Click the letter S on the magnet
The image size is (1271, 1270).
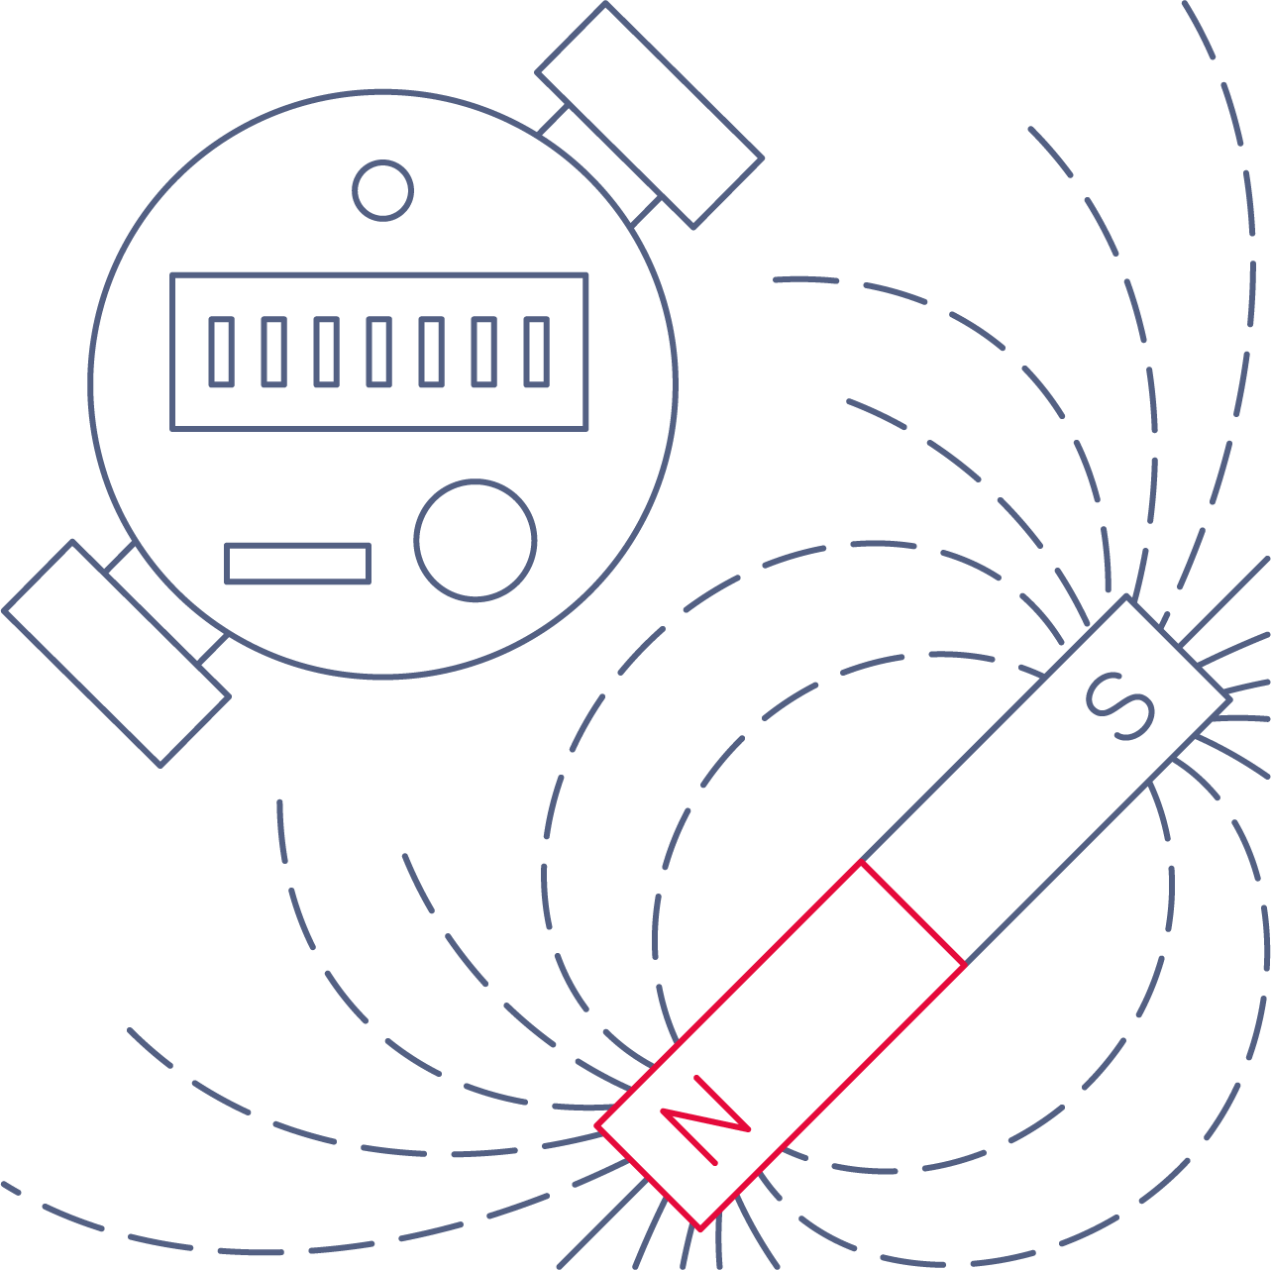(1119, 707)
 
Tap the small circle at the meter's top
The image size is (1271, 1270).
(382, 190)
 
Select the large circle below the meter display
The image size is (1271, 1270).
(475, 540)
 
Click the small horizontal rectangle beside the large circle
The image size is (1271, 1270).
(297, 564)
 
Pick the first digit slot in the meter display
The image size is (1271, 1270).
(222, 352)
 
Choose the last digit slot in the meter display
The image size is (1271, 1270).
(536, 352)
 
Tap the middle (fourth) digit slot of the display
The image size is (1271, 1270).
(379, 352)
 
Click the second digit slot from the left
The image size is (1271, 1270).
(273, 352)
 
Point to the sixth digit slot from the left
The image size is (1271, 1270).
(484, 352)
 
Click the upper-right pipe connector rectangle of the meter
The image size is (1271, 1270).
(650, 116)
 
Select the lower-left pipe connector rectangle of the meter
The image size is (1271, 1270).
(117, 654)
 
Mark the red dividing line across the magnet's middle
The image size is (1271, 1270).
(912, 913)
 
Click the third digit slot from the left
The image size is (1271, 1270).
(327, 352)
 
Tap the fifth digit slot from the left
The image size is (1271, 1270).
(431, 352)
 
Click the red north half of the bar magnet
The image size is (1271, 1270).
(781, 1045)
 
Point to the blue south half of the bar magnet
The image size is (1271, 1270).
(1045, 781)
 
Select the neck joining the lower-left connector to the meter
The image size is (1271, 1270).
(166, 603)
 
